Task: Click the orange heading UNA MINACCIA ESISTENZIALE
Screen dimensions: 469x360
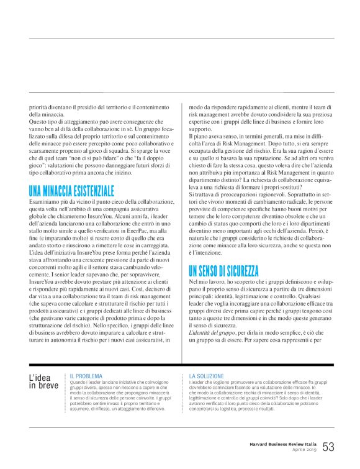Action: (72, 173)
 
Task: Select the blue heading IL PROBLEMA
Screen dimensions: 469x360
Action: (86, 376)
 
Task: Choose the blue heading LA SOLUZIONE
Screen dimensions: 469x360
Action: (206, 376)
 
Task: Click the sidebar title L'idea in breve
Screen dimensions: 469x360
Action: (44, 381)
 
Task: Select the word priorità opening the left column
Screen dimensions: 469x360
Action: (40, 107)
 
